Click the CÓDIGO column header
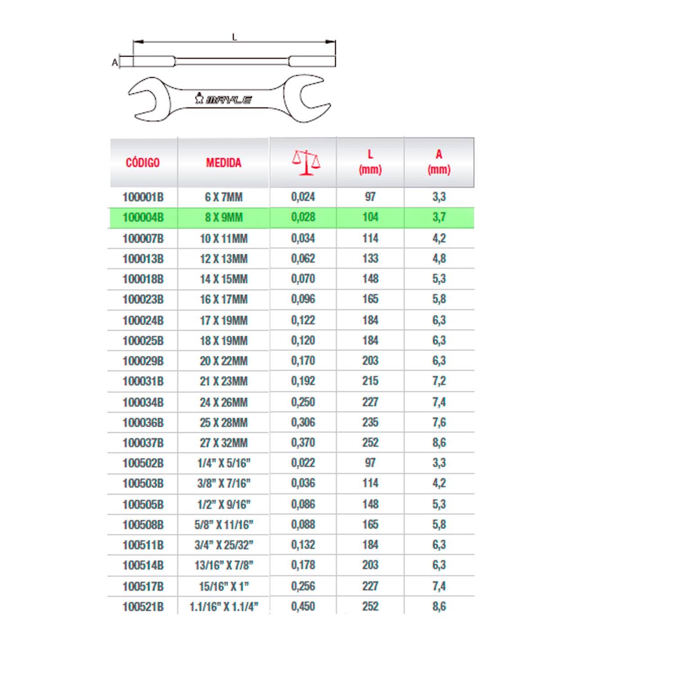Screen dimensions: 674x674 click(142, 163)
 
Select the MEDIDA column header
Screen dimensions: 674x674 click(223, 163)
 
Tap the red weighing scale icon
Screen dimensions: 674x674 click(306, 162)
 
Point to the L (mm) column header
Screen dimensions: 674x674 click(370, 162)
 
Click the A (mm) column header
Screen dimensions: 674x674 click(439, 162)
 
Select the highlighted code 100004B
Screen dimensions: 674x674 click(143, 218)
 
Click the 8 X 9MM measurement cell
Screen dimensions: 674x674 click(224, 218)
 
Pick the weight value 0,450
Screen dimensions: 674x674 click(303, 607)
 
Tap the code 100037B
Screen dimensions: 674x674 click(143, 443)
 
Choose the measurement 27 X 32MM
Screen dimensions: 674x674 click(224, 443)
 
